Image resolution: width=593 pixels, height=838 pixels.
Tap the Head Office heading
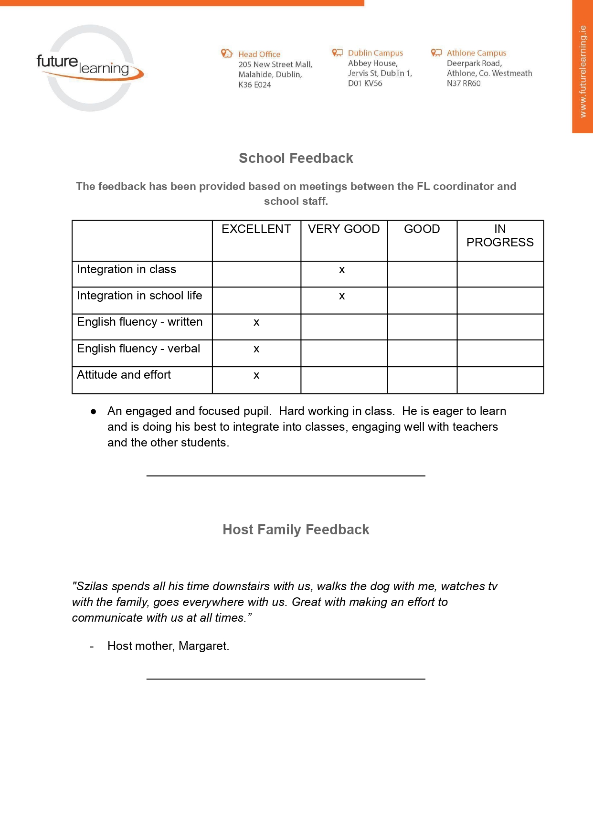click(259, 54)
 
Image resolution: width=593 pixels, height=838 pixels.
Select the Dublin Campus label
click(375, 53)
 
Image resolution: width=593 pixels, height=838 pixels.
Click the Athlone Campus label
click(476, 53)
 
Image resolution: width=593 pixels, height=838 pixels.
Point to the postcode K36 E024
click(254, 85)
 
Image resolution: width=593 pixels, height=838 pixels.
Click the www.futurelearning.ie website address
click(582, 72)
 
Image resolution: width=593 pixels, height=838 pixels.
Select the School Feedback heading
click(296, 158)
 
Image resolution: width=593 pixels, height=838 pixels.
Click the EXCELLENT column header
click(256, 229)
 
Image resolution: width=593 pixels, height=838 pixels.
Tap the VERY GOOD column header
click(344, 229)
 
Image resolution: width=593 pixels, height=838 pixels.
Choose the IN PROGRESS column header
click(500, 236)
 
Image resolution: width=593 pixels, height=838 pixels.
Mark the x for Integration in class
click(342, 270)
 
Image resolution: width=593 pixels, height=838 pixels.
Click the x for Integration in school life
click(342, 297)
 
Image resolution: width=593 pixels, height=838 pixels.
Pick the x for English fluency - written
click(256, 323)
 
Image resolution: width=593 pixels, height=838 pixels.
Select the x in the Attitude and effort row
click(256, 376)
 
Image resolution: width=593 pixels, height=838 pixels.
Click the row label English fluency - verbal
click(138, 349)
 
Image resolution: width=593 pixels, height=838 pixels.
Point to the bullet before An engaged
click(94, 412)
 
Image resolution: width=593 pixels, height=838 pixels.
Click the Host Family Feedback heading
click(296, 530)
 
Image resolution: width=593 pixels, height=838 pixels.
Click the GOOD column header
click(422, 229)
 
